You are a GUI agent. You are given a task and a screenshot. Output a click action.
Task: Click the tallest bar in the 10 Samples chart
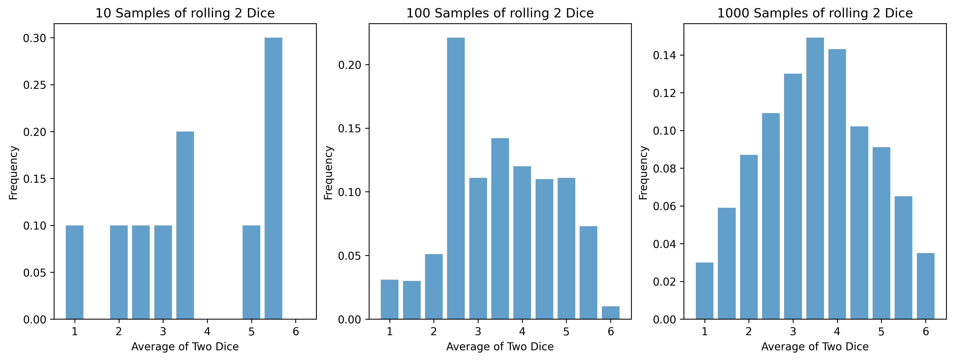[x=273, y=178]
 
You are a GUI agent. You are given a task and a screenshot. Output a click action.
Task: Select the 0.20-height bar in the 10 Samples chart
[x=185, y=225]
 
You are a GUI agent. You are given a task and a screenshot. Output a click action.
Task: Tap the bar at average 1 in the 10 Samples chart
[x=74, y=272]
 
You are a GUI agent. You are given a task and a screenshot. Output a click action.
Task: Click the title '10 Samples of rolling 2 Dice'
[x=185, y=13]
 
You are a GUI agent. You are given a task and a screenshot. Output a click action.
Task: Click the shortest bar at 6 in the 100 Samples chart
[x=610, y=313]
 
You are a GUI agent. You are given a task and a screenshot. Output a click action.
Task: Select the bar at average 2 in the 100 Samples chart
[x=434, y=286]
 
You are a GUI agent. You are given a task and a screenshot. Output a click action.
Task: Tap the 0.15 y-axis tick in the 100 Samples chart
[x=349, y=128]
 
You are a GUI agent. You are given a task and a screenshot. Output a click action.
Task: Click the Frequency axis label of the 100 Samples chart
[x=328, y=173]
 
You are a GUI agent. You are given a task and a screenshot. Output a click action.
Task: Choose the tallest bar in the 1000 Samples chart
[x=815, y=178]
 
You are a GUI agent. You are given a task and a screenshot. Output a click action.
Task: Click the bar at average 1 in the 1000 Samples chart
[x=704, y=291]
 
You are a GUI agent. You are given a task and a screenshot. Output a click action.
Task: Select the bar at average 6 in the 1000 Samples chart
[x=926, y=286]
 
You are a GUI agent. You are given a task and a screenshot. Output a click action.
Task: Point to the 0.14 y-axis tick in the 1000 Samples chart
[x=664, y=56]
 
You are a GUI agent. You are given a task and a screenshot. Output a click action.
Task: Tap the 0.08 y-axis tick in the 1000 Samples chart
[x=664, y=169]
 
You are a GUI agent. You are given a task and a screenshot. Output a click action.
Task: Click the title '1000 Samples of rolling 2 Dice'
[x=815, y=13]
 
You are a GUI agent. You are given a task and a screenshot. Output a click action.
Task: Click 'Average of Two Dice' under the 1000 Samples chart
[x=815, y=347]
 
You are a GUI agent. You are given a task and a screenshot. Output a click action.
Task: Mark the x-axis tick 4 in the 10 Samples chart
[x=207, y=331]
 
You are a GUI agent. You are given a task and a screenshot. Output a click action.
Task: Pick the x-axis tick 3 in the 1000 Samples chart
[x=793, y=331]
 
